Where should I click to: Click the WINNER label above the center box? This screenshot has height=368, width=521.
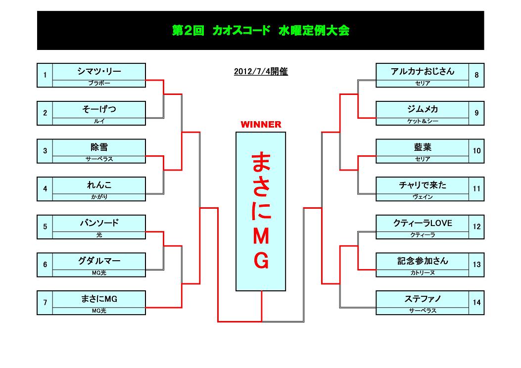click(261, 125)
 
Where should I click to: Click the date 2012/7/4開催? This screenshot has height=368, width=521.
click(261, 72)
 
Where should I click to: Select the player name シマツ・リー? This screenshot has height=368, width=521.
click(99, 71)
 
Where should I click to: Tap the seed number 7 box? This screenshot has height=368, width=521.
click(45, 303)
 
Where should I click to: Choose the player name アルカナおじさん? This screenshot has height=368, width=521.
click(423, 71)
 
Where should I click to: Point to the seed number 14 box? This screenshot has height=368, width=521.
click(476, 303)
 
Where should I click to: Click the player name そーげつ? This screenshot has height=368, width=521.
click(99, 109)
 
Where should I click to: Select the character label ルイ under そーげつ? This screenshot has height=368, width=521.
click(99, 121)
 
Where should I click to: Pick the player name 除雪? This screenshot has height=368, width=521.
click(99, 147)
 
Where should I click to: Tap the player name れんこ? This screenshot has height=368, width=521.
click(99, 185)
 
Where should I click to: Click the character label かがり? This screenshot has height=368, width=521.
click(99, 197)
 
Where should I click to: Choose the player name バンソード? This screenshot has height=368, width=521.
click(99, 223)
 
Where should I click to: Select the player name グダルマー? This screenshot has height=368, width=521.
click(99, 261)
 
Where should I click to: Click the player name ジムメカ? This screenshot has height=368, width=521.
click(423, 109)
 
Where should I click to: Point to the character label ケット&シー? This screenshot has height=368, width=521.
click(423, 121)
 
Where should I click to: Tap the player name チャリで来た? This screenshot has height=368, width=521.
click(423, 185)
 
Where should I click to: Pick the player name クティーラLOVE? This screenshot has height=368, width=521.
click(423, 223)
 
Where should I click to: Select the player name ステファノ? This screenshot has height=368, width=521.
click(423, 299)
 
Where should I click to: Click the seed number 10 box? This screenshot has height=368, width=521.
click(476, 151)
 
